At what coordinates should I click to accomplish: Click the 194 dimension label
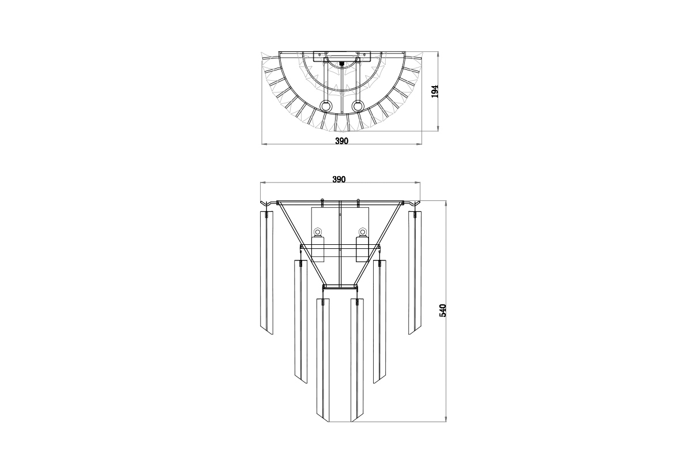[x=435, y=91]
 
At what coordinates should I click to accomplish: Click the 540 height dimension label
[x=443, y=310]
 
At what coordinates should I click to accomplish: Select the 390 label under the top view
[x=341, y=141]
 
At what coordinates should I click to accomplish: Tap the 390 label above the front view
[x=339, y=180]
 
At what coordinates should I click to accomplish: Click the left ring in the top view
[x=325, y=106]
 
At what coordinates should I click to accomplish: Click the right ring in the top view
[x=357, y=106]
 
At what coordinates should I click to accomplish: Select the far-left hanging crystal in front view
[x=266, y=273]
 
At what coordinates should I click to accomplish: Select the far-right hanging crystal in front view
[x=415, y=273]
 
